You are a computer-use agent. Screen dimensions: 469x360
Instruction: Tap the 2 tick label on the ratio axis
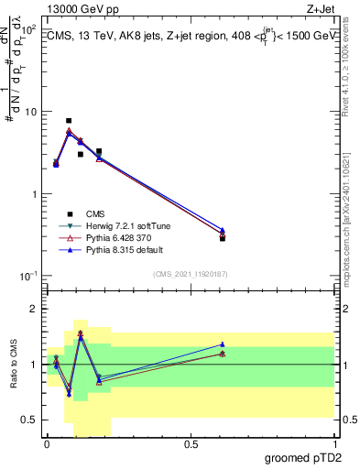coord(33,310)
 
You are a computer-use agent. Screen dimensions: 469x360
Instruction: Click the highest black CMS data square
coord(69,121)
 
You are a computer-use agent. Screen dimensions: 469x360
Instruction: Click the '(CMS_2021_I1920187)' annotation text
coord(190,274)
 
